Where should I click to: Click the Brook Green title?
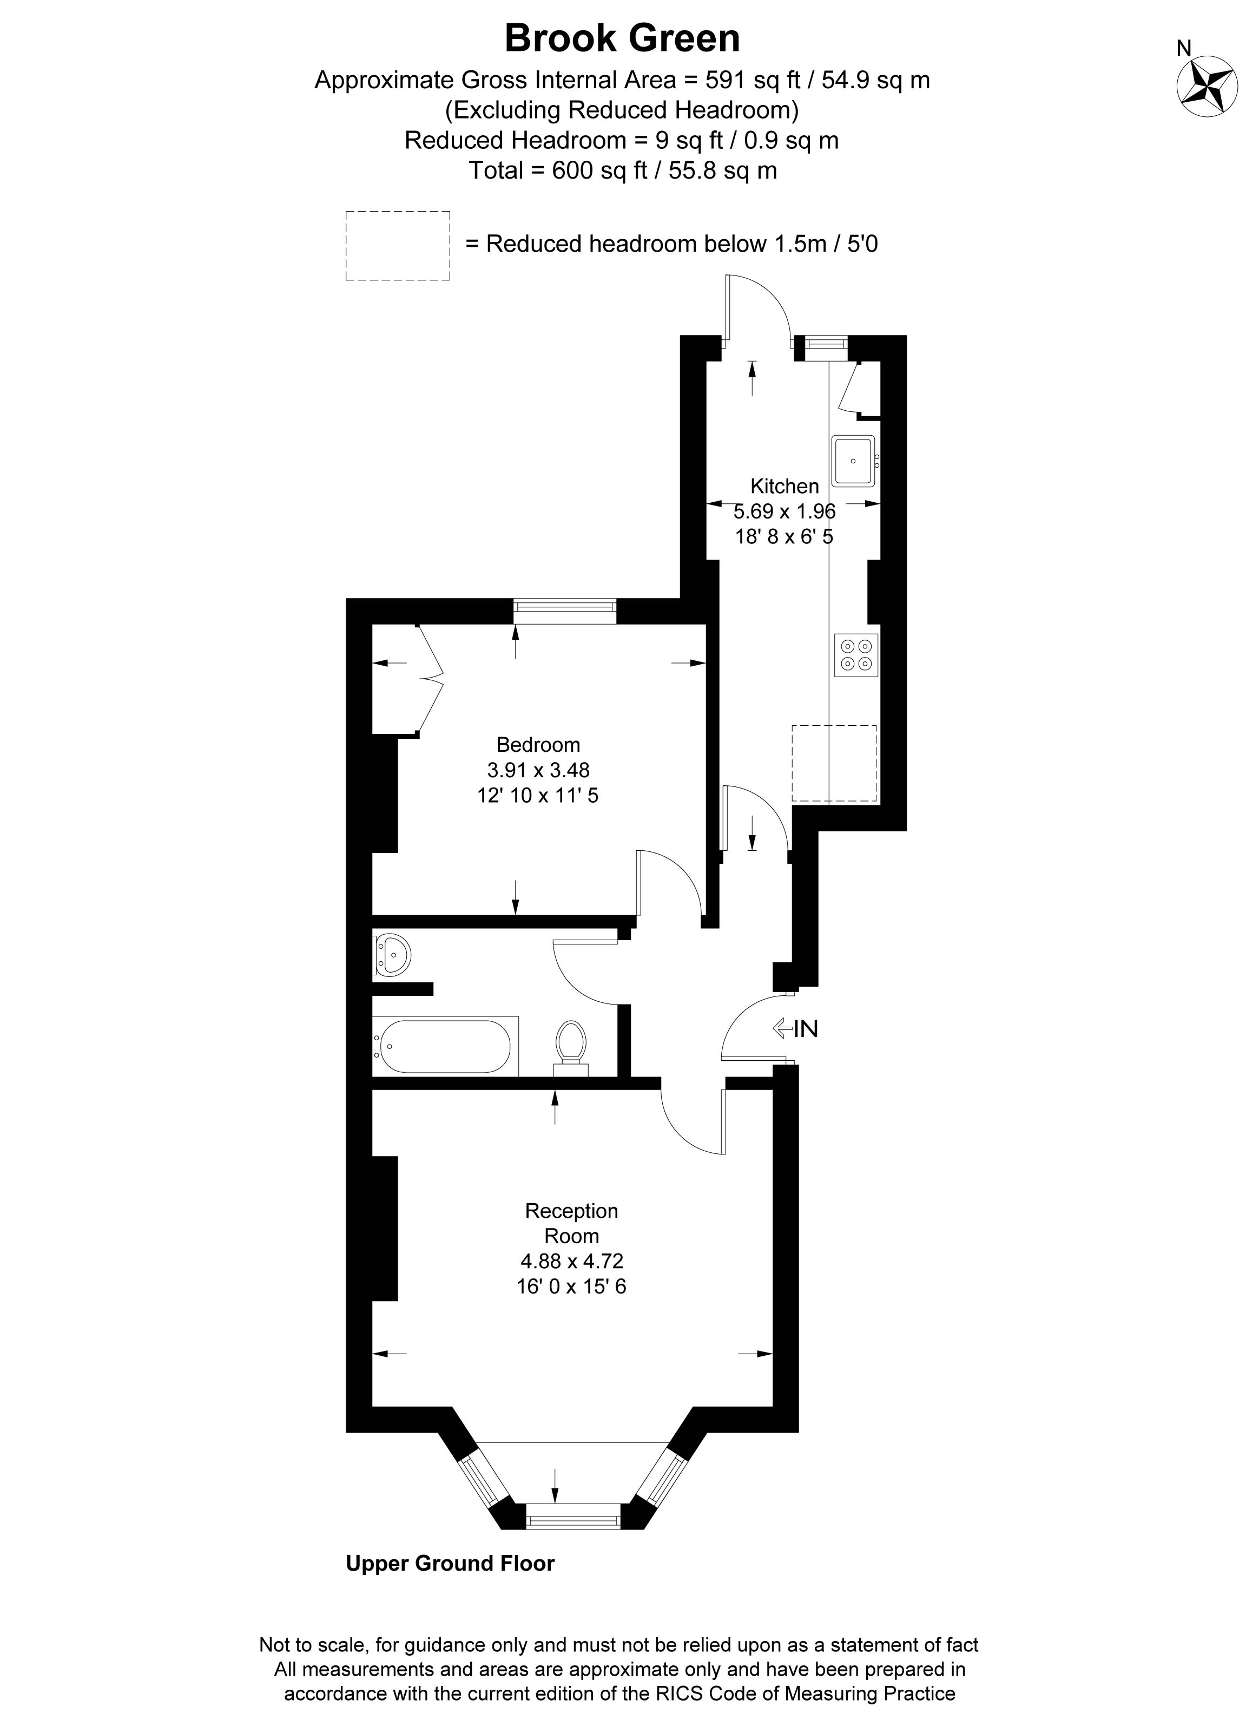tap(622, 38)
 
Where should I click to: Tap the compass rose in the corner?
tap(1207, 86)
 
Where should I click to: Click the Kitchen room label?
tap(784, 486)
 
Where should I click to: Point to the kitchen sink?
tap(855, 461)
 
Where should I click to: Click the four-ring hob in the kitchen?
tap(856, 654)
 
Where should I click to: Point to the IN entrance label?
tap(796, 1029)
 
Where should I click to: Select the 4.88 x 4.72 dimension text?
tap(572, 1261)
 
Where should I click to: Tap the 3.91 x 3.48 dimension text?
tap(538, 770)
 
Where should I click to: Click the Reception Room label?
tap(572, 1223)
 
